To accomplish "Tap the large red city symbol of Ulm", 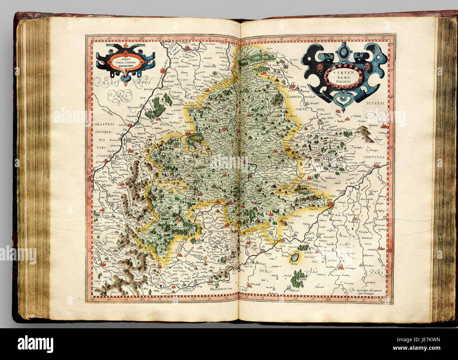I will point(330,205).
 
